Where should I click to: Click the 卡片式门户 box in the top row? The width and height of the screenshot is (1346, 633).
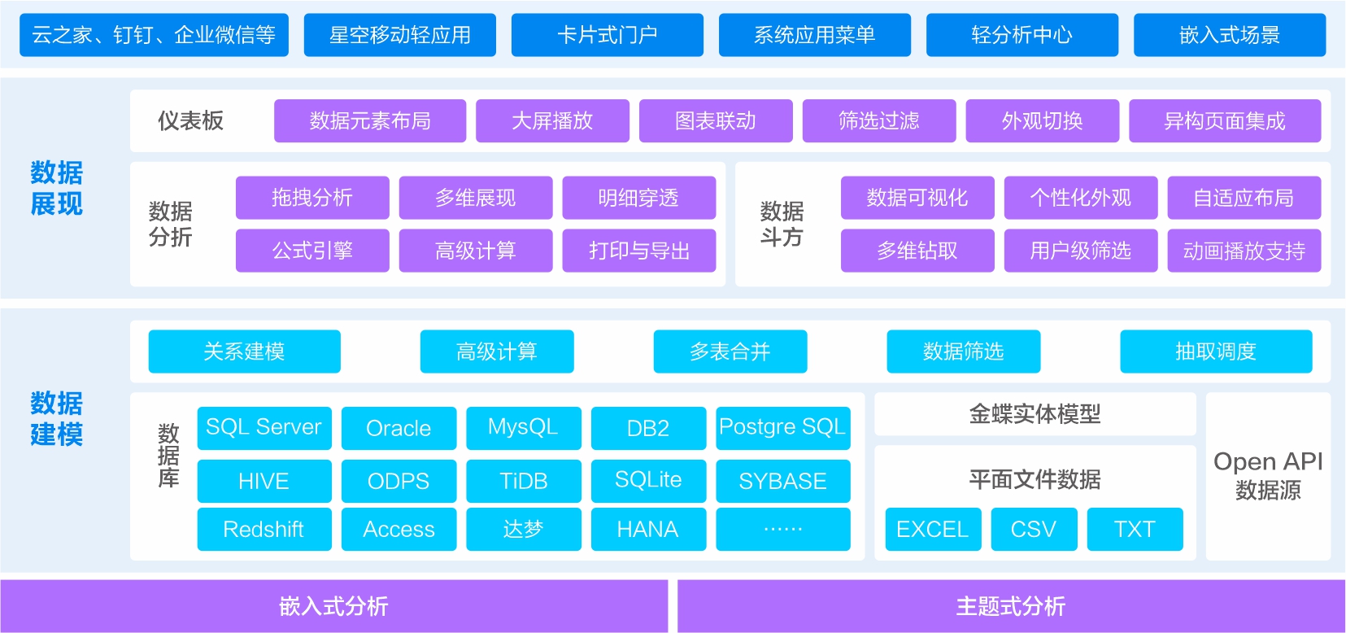607,35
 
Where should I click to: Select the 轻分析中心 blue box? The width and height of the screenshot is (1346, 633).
1021,35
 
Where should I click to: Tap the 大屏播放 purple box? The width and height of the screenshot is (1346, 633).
552,121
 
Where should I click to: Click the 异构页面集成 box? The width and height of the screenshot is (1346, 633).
1224,121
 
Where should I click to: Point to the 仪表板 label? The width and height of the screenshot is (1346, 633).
190,121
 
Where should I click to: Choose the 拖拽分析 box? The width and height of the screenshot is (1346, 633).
312,198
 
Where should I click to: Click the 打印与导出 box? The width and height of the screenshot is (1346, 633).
638,251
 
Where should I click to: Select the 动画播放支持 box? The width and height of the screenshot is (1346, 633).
1244,251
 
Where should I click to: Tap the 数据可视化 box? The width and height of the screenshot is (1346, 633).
917,198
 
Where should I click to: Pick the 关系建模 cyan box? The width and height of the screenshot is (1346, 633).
244,351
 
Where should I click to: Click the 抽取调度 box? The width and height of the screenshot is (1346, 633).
1215,351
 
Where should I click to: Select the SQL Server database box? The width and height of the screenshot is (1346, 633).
264,428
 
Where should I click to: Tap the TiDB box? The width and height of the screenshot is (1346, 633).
523,481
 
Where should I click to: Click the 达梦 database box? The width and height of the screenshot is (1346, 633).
523,530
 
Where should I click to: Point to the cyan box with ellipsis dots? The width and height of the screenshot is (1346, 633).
782,530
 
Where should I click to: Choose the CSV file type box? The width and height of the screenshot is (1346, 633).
1034,530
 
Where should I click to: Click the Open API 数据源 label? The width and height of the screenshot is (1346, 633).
1268,475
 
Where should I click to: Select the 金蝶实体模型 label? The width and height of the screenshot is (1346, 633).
1035,414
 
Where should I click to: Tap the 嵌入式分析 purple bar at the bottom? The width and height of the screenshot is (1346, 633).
333,606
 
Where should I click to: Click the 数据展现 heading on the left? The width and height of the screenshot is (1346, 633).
56,188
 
